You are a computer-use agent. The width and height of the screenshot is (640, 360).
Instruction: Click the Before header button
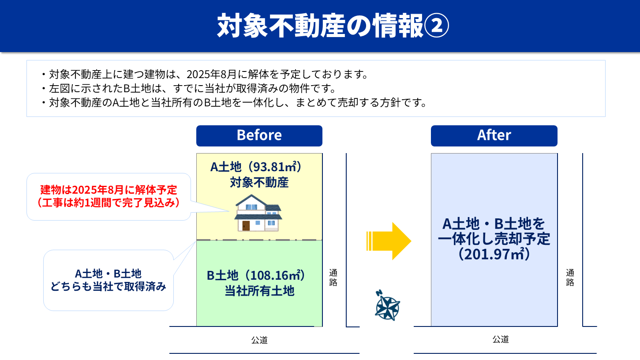[259, 136]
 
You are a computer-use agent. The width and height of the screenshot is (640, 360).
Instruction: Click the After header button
[494, 136]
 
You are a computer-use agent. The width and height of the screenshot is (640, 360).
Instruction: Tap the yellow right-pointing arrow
[389, 241]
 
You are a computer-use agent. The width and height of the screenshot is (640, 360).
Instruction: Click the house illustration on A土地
[258, 213]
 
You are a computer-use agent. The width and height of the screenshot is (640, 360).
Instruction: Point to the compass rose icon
[387, 305]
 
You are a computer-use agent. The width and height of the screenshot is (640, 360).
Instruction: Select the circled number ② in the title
[436, 26]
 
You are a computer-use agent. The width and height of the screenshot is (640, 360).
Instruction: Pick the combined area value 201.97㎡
[494, 254]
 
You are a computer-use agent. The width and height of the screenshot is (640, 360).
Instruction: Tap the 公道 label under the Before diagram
[259, 340]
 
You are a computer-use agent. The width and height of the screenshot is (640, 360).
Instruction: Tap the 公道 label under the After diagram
[501, 339]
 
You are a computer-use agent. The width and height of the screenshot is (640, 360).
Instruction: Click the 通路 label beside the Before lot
[333, 277]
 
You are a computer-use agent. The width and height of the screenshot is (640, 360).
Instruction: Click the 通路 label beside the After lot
[570, 277]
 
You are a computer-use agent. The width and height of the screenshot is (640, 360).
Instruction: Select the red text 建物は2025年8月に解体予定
[109, 190]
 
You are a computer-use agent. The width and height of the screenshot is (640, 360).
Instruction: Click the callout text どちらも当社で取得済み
[109, 286]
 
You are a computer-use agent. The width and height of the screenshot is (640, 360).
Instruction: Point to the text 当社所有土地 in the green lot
[259, 291]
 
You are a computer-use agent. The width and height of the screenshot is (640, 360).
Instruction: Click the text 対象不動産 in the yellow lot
[259, 182]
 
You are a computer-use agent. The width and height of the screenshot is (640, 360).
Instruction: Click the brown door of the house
[246, 226]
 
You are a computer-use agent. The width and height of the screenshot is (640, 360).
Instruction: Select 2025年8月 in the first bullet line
[211, 74]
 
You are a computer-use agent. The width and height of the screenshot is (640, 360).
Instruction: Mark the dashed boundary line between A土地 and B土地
[259, 240]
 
